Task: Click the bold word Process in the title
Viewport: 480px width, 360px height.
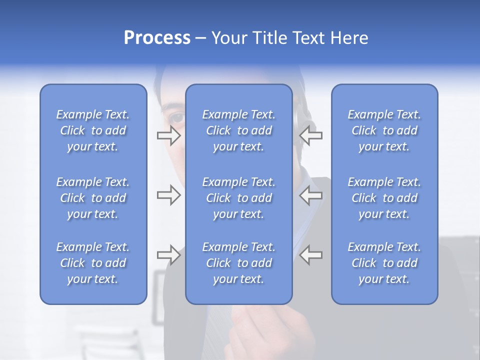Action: point(157,38)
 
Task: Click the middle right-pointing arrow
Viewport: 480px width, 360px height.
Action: point(168,195)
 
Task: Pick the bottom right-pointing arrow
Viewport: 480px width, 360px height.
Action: point(168,254)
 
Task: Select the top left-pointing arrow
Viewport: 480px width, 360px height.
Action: point(311,135)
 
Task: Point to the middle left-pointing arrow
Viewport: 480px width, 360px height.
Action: point(311,195)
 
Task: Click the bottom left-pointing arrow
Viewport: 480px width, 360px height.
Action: point(311,254)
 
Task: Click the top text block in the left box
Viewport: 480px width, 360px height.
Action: point(93,130)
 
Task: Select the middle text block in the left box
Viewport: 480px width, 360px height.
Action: point(93,198)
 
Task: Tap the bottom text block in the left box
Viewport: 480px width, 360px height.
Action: point(93,263)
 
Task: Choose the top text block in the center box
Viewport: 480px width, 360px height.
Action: point(239,130)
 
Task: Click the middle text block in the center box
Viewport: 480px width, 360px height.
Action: point(239,198)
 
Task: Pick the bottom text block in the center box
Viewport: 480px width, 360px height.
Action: point(239,263)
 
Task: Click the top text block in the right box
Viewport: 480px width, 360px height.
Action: point(384,130)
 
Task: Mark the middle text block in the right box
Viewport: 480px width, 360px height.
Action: point(384,198)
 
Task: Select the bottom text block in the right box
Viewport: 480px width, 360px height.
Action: point(384,263)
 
